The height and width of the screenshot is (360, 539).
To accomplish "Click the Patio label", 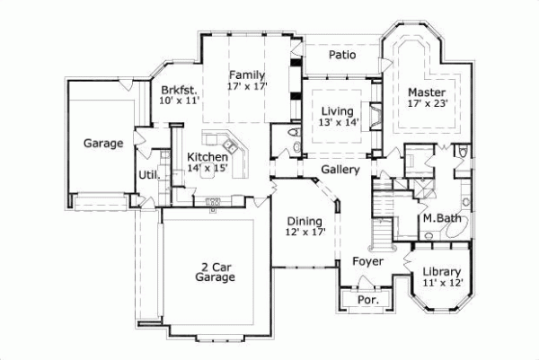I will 341,56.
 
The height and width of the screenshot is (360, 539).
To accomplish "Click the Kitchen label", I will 207,157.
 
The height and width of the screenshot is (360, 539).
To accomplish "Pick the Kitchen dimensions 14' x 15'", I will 207,169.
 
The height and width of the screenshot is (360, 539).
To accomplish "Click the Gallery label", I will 340,169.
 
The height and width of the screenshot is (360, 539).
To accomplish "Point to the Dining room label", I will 305,221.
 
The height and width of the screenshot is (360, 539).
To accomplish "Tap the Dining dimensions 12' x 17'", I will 305,233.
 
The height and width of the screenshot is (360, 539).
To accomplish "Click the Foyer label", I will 367,262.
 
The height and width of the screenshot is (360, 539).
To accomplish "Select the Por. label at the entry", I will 367,300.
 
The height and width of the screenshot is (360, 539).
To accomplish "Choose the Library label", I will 441,272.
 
